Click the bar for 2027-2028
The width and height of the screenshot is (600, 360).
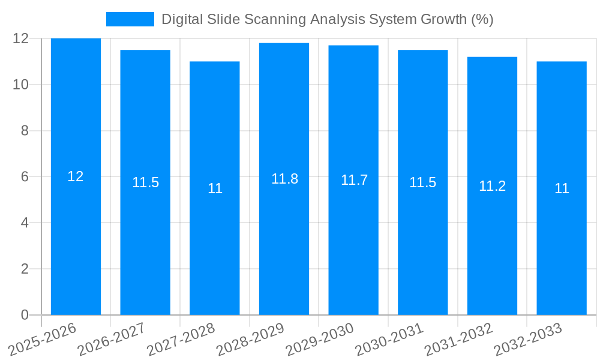tap(215, 240)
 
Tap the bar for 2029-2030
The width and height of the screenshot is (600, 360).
tap(353, 240)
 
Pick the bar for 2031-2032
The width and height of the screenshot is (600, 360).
tap(492, 240)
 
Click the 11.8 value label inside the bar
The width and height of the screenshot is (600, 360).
tap(284, 179)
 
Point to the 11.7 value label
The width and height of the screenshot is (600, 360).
tap(354, 180)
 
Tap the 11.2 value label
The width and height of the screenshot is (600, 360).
tap(492, 186)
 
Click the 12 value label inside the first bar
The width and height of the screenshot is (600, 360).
tap(76, 176)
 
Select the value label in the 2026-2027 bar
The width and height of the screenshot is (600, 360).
tap(145, 182)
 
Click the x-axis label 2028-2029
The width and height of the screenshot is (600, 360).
tap(250, 339)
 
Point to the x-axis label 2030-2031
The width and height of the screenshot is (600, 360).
tap(389, 339)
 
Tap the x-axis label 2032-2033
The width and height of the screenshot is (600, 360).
tap(528, 339)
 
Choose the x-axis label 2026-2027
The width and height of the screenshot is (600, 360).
tap(112, 339)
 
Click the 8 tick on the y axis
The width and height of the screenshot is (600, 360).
tap(25, 131)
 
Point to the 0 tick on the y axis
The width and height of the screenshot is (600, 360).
tap(25, 315)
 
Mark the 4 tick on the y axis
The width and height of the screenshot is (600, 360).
tap(25, 223)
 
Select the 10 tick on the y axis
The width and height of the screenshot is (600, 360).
tap(21, 85)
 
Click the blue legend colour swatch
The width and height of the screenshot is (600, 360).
tap(130, 19)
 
